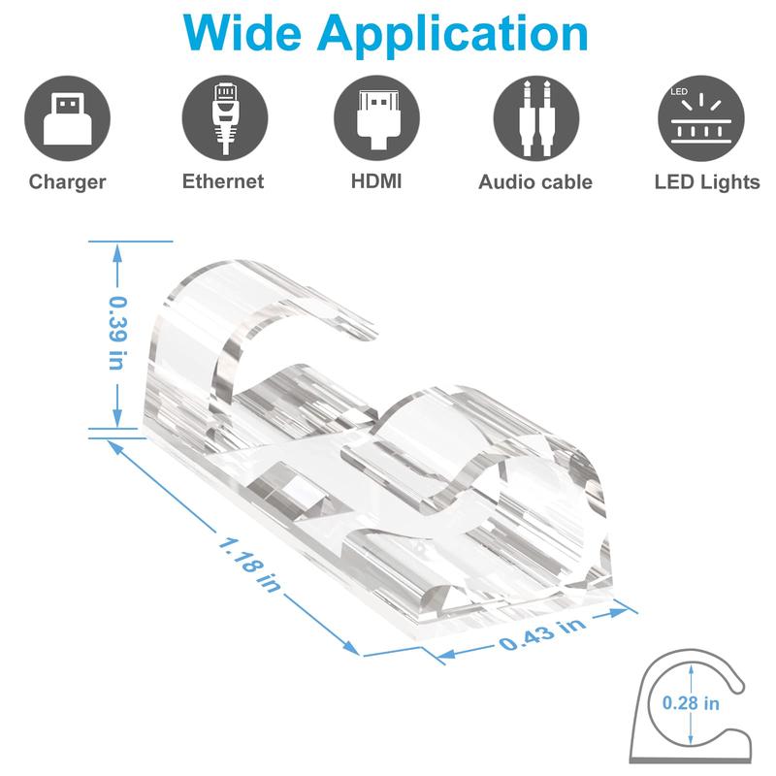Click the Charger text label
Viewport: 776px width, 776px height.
[67, 181]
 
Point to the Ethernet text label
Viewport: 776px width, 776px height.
[222, 180]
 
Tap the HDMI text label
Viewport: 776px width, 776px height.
[376, 180]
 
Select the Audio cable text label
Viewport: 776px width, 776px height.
[535, 181]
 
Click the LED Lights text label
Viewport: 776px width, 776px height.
[706, 181]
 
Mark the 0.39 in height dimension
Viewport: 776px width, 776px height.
[116, 332]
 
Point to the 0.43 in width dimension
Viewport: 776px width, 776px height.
[544, 632]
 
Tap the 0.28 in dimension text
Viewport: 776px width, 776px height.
[691, 702]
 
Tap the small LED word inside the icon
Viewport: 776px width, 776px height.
[678, 93]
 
